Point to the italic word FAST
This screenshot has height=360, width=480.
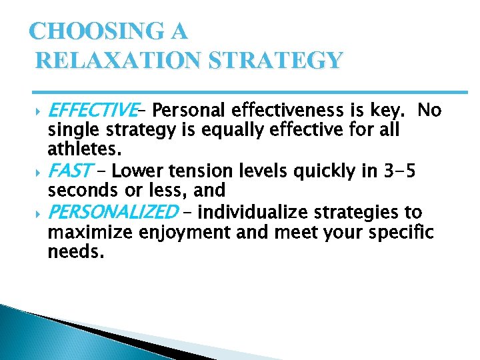click(x=70, y=172)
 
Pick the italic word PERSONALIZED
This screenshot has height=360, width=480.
click(x=113, y=213)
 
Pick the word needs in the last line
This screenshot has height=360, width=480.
click(x=76, y=253)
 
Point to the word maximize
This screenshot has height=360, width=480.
click(x=88, y=233)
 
